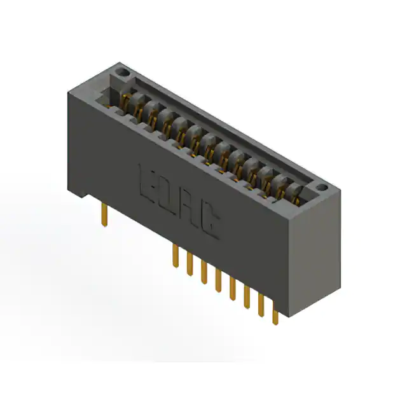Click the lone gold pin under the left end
pyautogui.click(x=104, y=214)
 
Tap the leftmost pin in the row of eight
pyautogui.click(x=176, y=256)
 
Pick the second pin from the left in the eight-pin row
pyautogui.click(x=190, y=264)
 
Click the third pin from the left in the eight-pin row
pyautogui.click(x=204, y=272)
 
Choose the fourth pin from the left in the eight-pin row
pyautogui.click(x=218, y=280)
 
